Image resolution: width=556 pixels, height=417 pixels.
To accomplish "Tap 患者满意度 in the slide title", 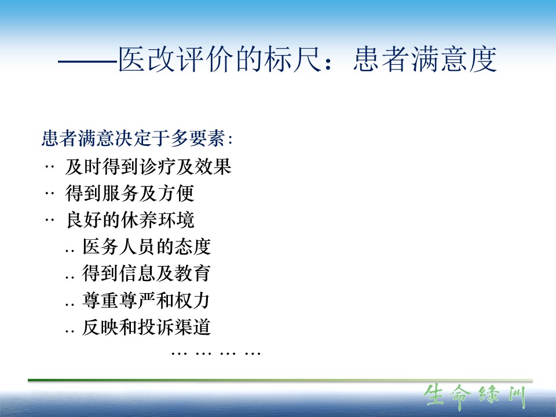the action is (x=425, y=59).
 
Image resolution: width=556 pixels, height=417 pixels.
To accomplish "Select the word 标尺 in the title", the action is (x=293, y=59).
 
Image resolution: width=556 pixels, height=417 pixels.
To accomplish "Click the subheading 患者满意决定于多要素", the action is (x=134, y=138).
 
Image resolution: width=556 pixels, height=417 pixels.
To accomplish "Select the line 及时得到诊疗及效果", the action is (x=148, y=166).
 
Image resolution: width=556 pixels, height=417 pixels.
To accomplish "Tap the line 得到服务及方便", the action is (x=130, y=193).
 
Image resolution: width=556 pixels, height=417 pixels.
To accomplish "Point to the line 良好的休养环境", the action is (x=130, y=220).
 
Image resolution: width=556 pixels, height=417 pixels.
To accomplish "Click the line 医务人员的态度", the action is (x=147, y=247).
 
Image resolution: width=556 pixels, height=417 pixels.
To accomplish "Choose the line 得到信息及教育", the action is (x=147, y=273).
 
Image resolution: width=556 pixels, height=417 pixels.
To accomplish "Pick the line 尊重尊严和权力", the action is (x=146, y=301).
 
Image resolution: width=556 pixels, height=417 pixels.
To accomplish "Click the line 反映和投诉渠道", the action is (x=147, y=327).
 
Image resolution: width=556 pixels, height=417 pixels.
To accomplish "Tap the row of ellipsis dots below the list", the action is (x=216, y=353).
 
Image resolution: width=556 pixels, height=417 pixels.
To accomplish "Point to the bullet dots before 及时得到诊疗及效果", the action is (x=49, y=166).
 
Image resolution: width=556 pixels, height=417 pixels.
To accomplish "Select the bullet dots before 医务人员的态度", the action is (x=69, y=251).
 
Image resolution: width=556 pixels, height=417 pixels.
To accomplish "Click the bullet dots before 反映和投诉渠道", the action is (x=69, y=331).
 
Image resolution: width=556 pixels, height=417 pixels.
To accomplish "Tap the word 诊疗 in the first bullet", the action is (x=158, y=166).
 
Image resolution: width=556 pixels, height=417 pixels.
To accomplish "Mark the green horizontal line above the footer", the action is (x=280, y=381).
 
